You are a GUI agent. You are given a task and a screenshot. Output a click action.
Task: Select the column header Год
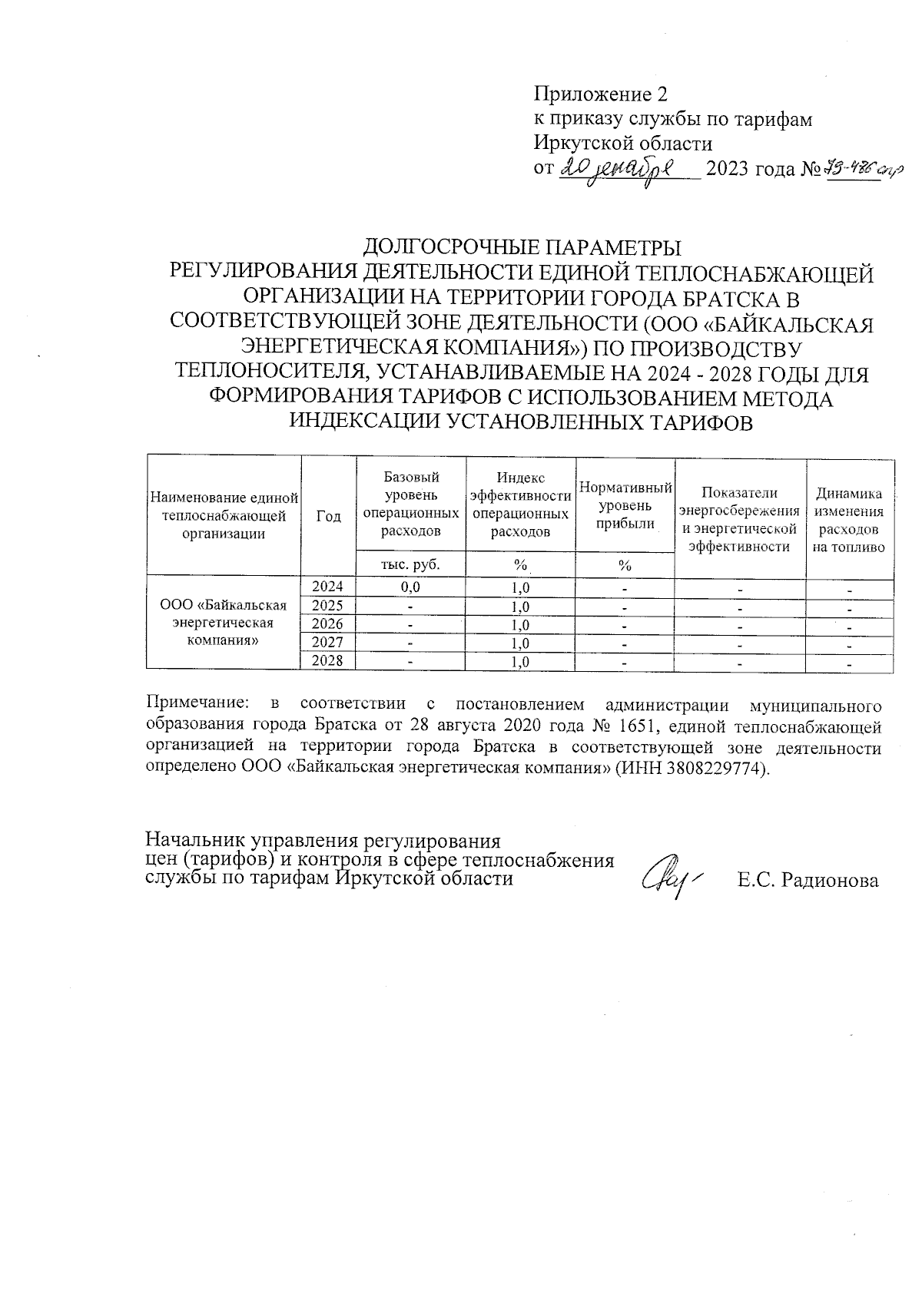(x=328, y=517)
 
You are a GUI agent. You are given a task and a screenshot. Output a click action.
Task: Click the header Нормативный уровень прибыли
(x=625, y=506)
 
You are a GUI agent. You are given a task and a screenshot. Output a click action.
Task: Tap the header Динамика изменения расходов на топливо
(x=849, y=520)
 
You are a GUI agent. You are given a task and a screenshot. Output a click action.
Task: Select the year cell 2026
(x=328, y=624)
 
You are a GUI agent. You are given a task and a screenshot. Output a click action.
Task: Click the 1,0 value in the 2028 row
(x=520, y=662)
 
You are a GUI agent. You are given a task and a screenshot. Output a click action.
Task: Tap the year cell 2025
(x=328, y=606)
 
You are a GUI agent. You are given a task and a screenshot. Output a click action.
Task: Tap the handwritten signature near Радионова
(x=669, y=875)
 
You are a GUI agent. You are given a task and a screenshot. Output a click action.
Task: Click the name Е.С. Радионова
(x=808, y=881)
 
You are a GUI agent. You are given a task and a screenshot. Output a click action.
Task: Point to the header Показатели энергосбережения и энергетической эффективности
(x=739, y=520)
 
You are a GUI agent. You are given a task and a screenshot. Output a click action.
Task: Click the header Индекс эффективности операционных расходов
(x=520, y=505)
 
